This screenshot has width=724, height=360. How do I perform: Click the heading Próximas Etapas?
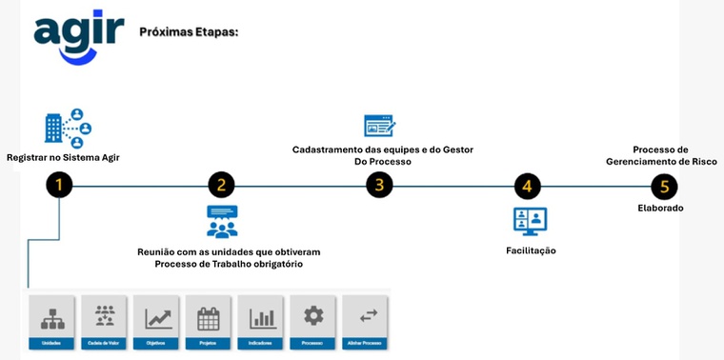click(x=189, y=31)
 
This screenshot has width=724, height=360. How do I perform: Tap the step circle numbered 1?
click(x=59, y=185)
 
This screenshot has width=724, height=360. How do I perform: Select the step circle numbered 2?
click(x=221, y=185)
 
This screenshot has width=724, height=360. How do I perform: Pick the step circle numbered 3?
click(x=379, y=185)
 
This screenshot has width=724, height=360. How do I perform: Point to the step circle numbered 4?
click(x=527, y=185)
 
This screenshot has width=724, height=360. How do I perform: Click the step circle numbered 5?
click(x=664, y=185)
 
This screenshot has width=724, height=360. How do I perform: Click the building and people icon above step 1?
click(x=68, y=129)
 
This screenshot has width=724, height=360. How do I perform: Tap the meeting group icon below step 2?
click(x=222, y=221)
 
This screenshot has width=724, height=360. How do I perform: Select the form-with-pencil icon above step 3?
click(x=379, y=125)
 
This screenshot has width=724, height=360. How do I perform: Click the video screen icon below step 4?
click(x=530, y=221)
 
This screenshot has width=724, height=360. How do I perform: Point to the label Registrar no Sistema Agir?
click(x=63, y=157)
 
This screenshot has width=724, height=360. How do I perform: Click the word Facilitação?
click(x=531, y=250)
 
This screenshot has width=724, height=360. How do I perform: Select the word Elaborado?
click(x=660, y=208)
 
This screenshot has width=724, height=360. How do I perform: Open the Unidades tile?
click(x=52, y=321)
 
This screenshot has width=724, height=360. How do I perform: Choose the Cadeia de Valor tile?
click(x=105, y=321)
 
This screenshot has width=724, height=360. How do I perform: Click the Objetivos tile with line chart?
click(x=156, y=321)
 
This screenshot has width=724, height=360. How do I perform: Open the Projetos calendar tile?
click(x=209, y=321)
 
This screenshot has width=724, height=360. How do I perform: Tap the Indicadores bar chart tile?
click(x=261, y=321)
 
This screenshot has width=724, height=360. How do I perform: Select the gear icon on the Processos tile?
click(x=312, y=315)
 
